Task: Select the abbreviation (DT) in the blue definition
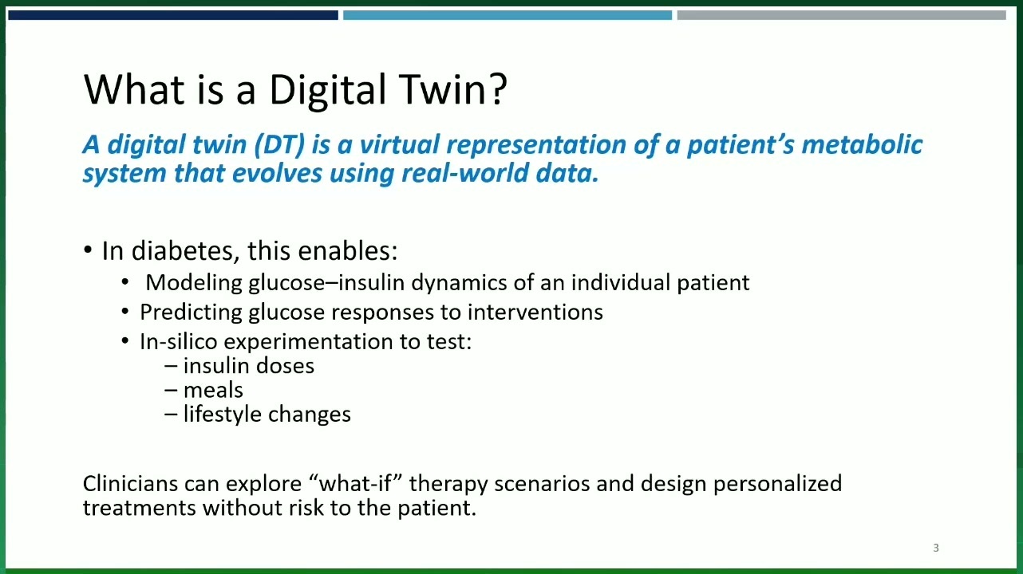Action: coord(278,144)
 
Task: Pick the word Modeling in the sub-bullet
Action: coord(194,283)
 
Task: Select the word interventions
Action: coord(535,312)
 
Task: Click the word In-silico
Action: coord(179,341)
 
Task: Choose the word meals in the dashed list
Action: coord(213,390)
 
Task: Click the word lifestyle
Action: coord(223,415)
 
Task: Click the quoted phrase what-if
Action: coord(355,483)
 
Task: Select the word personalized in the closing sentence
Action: coord(778,484)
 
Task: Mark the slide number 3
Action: coord(936,548)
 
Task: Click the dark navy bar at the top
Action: coord(173,15)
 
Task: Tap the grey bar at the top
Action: coord(842,15)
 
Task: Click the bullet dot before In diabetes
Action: coord(88,250)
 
